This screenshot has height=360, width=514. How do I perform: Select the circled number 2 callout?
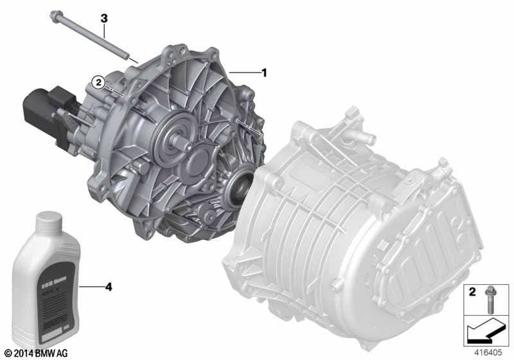pos(98,82)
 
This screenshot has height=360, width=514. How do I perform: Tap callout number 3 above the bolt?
pos(103,19)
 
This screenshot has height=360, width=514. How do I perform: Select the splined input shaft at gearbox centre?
pos(183,138)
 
